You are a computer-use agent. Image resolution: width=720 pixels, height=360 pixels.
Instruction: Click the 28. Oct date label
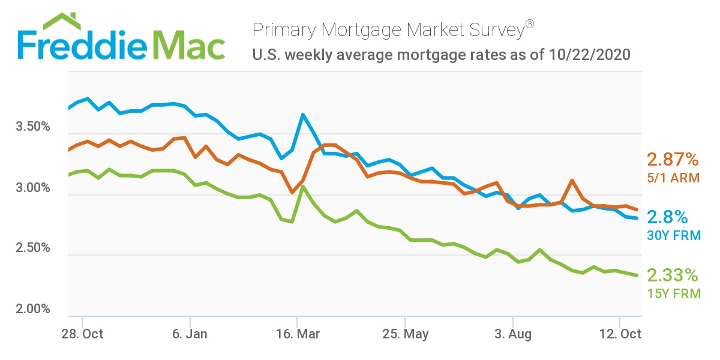coord(82,334)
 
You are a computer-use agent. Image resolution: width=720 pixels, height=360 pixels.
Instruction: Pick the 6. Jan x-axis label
coord(190,334)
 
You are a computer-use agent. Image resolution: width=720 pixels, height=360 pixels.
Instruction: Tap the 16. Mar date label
coord(297,334)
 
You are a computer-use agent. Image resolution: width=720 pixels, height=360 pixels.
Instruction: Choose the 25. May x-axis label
coord(405,334)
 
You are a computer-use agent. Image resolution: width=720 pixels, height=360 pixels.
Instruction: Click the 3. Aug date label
coord(513,334)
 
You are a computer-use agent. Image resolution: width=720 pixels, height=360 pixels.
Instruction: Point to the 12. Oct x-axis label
coord(620,334)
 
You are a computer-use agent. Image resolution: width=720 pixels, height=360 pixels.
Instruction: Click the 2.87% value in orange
coord(673,160)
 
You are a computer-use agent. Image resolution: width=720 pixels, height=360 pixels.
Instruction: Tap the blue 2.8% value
coord(667,217)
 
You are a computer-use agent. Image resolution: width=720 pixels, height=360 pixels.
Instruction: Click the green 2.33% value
coord(673,275)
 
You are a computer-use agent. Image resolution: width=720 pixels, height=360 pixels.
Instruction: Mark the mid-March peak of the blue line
coord(303,114)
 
